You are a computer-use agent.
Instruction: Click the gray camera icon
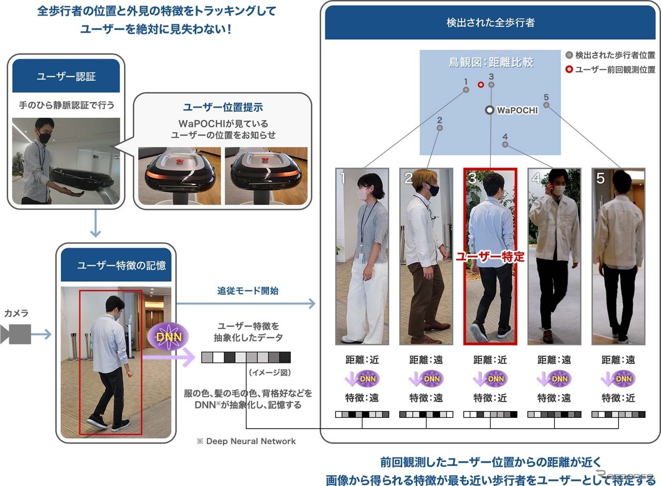(15, 334)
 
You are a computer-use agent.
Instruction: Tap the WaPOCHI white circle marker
(490, 110)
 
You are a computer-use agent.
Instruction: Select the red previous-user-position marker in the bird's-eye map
(481, 85)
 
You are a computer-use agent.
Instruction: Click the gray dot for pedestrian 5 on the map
(546, 105)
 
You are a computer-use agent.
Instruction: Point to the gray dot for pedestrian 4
(505, 144)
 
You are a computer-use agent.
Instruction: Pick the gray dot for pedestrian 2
(439, 128)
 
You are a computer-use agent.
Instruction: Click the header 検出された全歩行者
(491, 22)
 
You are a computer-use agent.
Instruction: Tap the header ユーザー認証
(66, 77)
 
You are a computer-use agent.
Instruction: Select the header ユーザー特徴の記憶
(121, 265)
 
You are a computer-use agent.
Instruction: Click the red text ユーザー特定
(490, 256)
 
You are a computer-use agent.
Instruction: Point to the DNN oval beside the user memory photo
(168, 337)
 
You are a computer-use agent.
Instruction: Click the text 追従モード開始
(248, 291)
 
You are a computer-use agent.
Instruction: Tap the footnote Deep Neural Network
(251, 441)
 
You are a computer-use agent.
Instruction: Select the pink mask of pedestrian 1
(362, 194)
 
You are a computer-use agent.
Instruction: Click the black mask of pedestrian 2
(433, 190)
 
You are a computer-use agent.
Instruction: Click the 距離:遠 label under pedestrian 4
(554, 360)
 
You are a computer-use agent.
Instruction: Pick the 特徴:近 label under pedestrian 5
(618, 398)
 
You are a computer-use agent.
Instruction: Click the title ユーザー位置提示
(223, 107)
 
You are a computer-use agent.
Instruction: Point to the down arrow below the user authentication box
(96, 223)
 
